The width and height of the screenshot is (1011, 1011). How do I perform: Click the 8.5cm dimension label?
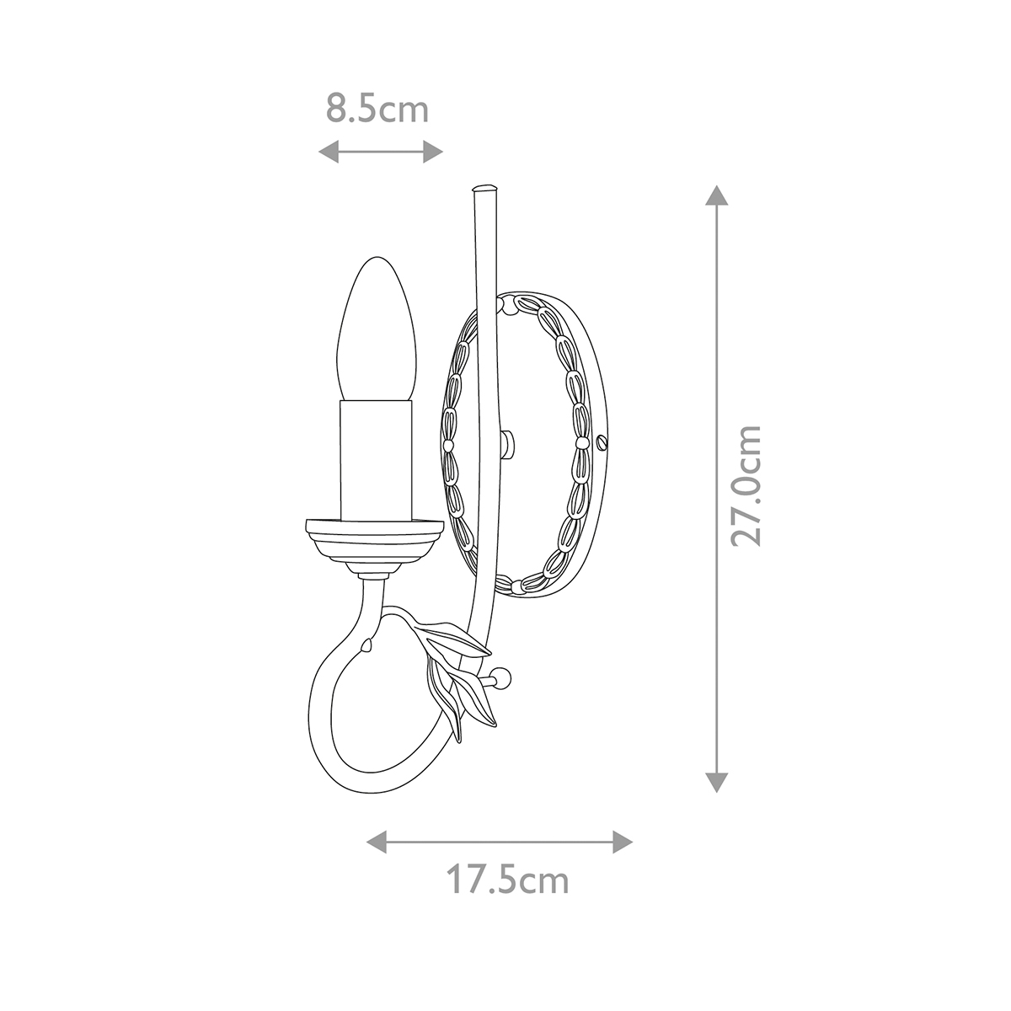pos(377,110)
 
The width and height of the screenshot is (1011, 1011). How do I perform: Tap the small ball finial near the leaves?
pos(503,677)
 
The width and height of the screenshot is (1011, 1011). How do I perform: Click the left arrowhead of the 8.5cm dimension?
pos(329,152)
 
